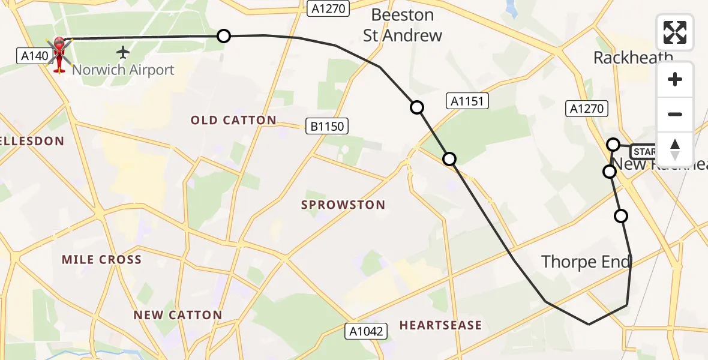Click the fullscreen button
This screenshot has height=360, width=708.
(x=675, y=32)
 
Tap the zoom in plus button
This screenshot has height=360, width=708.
(x=675, y=80)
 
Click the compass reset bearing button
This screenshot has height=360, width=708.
(x=675, y=149)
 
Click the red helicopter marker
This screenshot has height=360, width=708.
(x=59, y=53)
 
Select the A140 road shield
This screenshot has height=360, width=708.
(x=34, y=56)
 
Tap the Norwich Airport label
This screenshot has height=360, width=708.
(x=123, y=70)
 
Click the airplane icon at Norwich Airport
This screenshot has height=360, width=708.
(x=124, y=53)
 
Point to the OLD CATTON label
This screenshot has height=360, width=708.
(x=233, y=121)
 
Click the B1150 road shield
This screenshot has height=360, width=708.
(x=327, y=126)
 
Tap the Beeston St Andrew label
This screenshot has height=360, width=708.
(x=403, y=25)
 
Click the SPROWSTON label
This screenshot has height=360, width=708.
(x=343, y=205)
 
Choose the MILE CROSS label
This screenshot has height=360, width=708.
(x=102, y=260)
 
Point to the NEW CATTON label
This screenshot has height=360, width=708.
(x=178, y=315)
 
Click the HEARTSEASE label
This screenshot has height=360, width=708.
(x=440, y=325)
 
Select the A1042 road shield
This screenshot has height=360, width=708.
(x=367, y=330)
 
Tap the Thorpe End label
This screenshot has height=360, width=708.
(x=586, y=262)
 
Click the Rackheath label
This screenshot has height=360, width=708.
(x=633, y=58)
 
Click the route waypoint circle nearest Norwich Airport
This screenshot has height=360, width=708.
(x=224, y=36)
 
